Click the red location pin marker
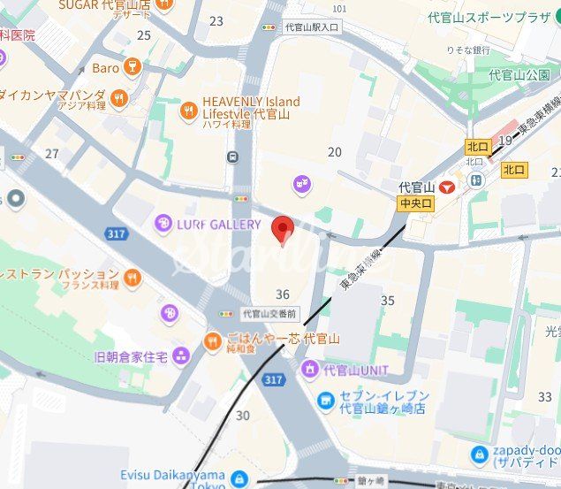tap(282, 228)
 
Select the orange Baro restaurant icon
tap(133, 67)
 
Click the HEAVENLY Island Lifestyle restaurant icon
tap(188, 111)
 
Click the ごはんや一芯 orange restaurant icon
tap(212, 341)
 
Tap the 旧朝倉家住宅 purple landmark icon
tap(181, 356)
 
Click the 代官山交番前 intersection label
tap(270, 313)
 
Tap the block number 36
tap(283, 294)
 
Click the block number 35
tap(387, 301)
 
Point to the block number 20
tap(334, 152)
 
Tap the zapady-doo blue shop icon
tap(480, 455)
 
